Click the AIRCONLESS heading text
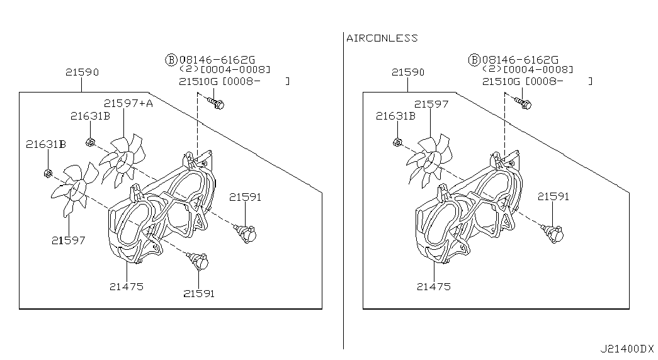coord(382,38)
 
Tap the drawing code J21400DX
coord(627,349)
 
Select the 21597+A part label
coord(128,103)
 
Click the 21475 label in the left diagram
coord(127,286)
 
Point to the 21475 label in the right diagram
coord(433,286)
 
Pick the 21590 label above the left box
coord(82,72)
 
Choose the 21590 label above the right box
coord(408,72)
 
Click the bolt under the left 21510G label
coord(216,103)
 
